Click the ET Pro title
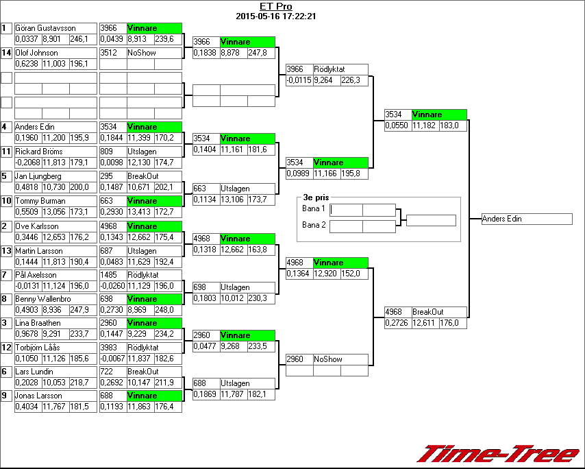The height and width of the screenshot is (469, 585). (x=275, y=7)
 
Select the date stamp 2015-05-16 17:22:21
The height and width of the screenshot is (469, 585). (x=275, y=16)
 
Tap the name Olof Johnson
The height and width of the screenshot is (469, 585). (x=37, y=53)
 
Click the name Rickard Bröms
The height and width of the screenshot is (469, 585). (x=39, y=152)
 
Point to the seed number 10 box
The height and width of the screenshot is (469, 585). (x=6, y=201)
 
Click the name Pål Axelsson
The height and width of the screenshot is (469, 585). (x=36, y=275)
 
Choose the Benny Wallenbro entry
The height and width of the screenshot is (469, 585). (x=42, y=300)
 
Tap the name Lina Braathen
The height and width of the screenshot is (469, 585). (x=38, y=323)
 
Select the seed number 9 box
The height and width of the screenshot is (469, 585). (x=6, y=396)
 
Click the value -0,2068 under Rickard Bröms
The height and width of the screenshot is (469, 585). (x=28, y=163)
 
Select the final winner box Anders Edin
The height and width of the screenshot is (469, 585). (x=526, y=219)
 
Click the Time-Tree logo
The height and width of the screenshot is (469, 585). (x=499, y=454)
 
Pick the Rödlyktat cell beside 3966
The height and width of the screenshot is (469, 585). (x=340, y=69)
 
